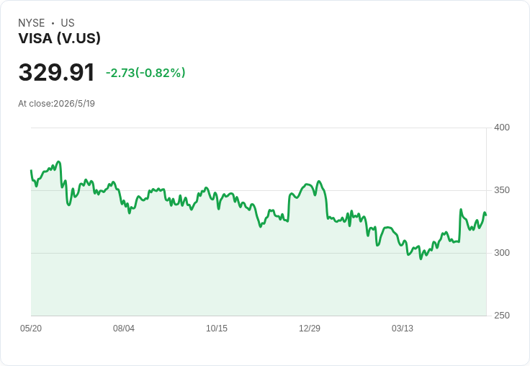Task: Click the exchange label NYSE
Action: click(x=32, y=23)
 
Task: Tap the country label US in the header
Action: click(x=68, y=23)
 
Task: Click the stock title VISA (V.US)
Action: click(x=60, y=39)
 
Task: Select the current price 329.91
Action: click(x=56, y=73)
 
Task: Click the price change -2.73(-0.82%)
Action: click(x=145, y=73)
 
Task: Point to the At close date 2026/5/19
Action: click(x=74, y=104)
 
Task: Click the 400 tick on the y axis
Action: click(x=502, y=128)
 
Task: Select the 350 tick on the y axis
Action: click(x=502, y=190)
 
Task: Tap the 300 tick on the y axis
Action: click(x=502, y=253)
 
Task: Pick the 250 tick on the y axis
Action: click(x=502, y=316)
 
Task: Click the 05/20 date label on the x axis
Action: click(x=31, y=329)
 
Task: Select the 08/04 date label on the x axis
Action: click(x=124, y=329)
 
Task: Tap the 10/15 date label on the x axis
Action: click(x=217, y=329)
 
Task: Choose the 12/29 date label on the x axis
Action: click(x=310, y=329)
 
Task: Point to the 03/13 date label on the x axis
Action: click(x=403, y=329)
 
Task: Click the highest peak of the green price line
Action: click(x=59, y=161)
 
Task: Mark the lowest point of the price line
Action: click(x=421, y=259)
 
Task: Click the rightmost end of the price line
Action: click(x=486, y=215)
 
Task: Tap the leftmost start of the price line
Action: click(x=31, y=171)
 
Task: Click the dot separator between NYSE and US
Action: click(x=53, y=23)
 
